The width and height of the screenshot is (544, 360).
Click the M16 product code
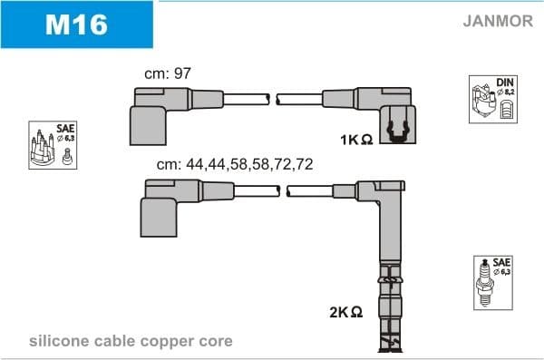pyautogui.click(x=77, y=24)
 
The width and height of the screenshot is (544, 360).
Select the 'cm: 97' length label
pyautogui.click(x=168, y=73)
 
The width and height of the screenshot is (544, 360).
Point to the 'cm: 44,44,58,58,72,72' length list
pyautogui.click(x=235, y=164)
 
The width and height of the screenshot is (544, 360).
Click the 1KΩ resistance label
pyautogui.click(x=356, y=141)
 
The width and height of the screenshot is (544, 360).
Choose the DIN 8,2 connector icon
pyautogui.click(x=491, y=98)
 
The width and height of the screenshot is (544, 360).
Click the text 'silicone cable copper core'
pyautogui.click(x=131, y=341)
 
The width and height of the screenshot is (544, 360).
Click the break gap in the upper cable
pyautogui.click(x=273, y=98)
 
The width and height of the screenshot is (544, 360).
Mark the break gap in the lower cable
pyautogui.click(x=283, y=190)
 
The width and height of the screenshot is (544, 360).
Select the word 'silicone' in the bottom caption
pyautogui.click(x=56, y=341)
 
